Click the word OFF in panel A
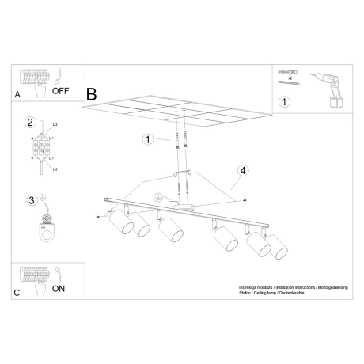pyautogui.click(x=62, y=90)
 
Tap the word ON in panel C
pyautogui.click(x=59, y=290)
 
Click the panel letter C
pyautogui.click(x=17, y=292)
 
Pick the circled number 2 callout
pyautogui.click(x=31, y=123)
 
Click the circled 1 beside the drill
pyautogui.click(x=285, y=101)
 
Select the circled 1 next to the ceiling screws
pyautogui.click(x=146, y=140)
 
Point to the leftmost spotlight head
pyautogui.click(x=120, y=224)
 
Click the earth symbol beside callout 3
pyautogui.click(x=44, y=197)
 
